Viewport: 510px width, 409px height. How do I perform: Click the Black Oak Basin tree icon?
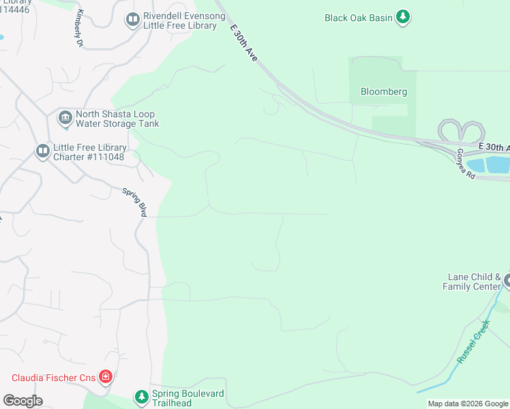(x=403, y=17)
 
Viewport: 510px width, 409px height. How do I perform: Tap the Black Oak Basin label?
(x=359, y=18)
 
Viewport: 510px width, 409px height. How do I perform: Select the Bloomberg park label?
(x=383, y=91)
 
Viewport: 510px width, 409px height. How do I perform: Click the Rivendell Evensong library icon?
(x=132, y=20)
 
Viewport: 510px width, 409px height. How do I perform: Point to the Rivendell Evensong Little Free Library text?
(x=180, y=20)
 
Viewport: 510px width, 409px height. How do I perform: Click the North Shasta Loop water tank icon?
(x=65, y=119)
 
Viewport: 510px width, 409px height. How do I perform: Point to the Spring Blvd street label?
(x=135, y=202)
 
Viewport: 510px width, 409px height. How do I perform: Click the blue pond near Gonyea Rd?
(x=496, y=164)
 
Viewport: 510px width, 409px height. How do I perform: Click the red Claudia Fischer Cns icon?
(x=105, y=376)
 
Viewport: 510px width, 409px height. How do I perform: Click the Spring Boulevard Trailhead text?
(x=187, y=399)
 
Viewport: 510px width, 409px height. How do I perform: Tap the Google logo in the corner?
(x=22, y=401)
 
